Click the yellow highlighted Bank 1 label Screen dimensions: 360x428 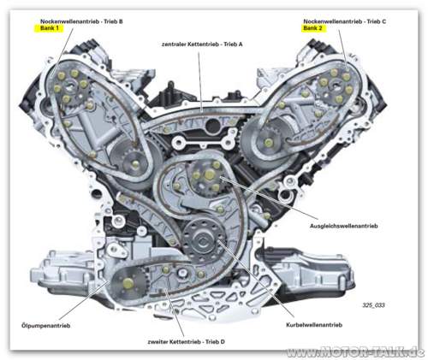tap(48, 27)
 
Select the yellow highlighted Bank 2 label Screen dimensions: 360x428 tap(313, 27)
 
